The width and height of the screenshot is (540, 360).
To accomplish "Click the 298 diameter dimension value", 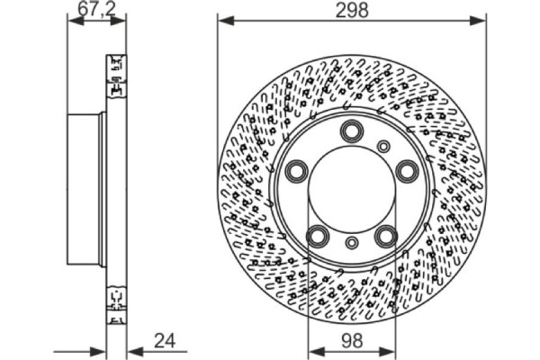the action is [x=352, y=10].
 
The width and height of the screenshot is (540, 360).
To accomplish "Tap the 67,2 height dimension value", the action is [x=97, y=9].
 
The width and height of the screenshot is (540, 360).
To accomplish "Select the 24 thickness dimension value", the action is [x=165, y=341].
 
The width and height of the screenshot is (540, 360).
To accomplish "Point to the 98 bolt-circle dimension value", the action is [x=352, y=341].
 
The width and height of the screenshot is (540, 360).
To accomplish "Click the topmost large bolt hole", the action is [x=352, y=130].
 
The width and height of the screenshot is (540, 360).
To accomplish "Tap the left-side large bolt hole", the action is [x=297, y=171].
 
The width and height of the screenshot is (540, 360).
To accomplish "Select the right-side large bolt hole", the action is [x=408, y=171].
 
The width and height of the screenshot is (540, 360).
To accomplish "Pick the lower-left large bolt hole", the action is [x=318, y=236].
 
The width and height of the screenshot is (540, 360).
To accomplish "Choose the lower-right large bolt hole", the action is [x=386, y=236].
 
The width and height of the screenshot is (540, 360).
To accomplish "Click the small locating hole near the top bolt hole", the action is [x=383, y=147].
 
